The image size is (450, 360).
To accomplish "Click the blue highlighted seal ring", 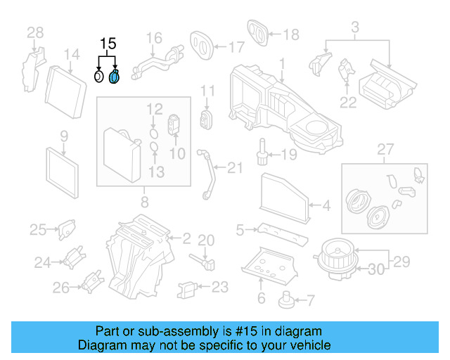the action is [115, 76].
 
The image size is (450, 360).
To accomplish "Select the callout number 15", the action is [107, 44].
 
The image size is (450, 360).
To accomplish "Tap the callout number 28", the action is [35, 32].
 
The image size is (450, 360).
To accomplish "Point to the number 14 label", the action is [72, 54].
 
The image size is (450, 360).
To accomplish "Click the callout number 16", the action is [154, 37].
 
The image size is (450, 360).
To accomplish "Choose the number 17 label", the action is [236, 47].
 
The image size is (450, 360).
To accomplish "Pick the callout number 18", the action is [290, 33].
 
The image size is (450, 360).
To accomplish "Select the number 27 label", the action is [383, 149].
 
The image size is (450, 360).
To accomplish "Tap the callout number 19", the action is [290, 154].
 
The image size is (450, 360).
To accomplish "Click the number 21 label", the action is [234, 167].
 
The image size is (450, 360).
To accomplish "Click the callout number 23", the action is [220, 286].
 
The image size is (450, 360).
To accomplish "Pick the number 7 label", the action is [310, 300].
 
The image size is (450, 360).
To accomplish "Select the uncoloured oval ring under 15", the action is [99, 76].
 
